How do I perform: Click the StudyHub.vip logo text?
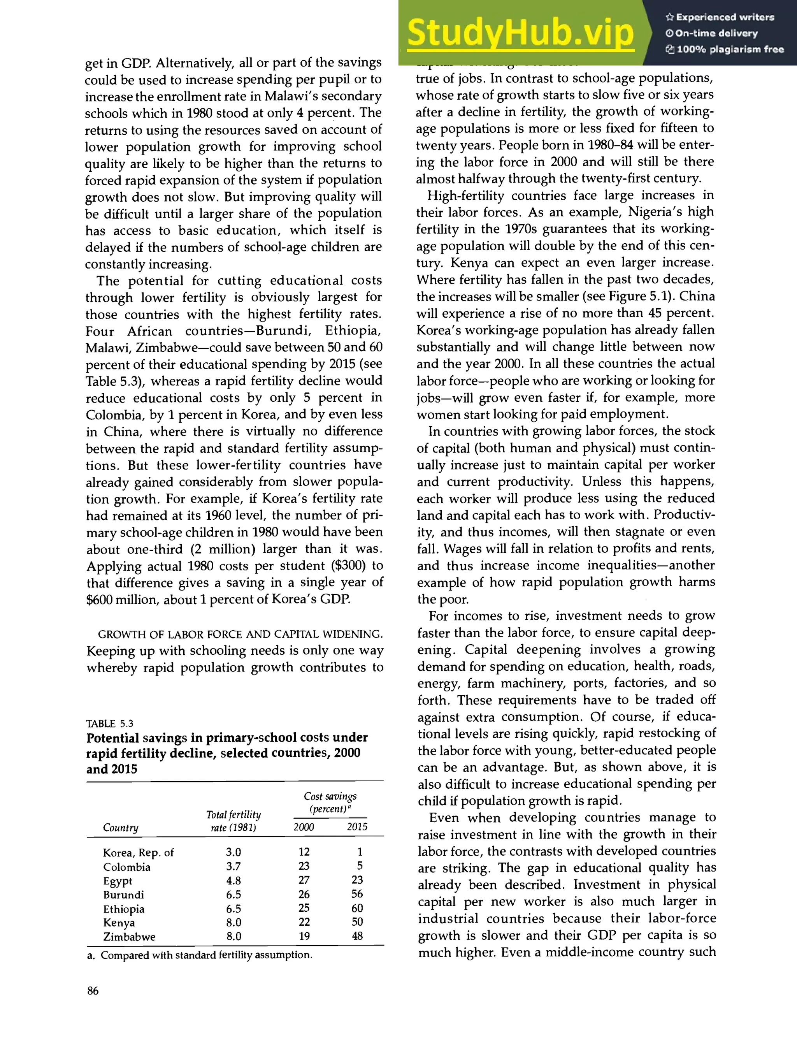[520, 33]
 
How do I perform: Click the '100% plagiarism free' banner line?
[725, 49]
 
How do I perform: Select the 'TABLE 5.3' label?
[110, 723]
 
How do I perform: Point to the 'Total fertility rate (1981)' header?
[233, 821]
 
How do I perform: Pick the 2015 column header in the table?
[357, 827]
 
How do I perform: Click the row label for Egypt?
[118, 881]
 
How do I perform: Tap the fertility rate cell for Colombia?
[233, 867]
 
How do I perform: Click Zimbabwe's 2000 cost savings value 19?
[304, 936]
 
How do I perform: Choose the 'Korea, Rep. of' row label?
[138, 853]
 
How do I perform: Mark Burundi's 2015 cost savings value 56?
[357, 894]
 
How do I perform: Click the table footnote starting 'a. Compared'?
[199, 955]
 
